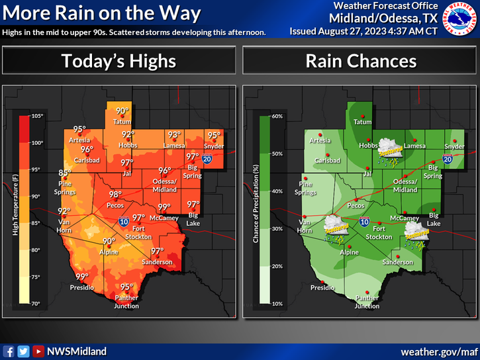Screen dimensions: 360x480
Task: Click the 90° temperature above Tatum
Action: (x=122, y=111)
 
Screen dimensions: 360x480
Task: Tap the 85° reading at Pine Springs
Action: (x=65, y=173)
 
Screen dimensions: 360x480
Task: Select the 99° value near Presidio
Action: (x=81, y=277)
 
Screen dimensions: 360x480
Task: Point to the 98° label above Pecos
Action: (x=115, y=194)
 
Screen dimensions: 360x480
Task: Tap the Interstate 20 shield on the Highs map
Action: (x=207, y=159)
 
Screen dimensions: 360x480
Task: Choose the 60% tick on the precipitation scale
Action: (x=277, y=116)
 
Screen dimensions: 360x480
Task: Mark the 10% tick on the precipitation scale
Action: (x=277, y=303)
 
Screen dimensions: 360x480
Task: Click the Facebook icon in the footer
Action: (x=9, y=351)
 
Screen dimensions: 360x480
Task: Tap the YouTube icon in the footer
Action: (x=38, y=351)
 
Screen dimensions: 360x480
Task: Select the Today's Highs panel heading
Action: (x=119, y=62)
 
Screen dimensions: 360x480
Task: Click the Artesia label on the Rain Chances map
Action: (x=319, y=140)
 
